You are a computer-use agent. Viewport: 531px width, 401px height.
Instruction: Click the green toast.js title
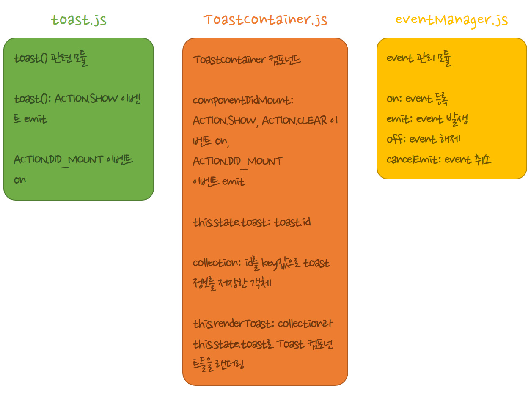(79, 20)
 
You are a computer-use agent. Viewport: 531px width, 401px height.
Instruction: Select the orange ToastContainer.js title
(265, 20)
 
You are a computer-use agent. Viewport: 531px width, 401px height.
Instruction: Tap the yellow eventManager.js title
(451, 20)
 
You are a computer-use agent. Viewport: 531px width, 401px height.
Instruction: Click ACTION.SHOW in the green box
(86, 99)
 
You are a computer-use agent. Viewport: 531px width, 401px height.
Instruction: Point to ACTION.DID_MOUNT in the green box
(58, 160)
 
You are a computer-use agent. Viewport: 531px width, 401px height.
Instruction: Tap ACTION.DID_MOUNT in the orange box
(237, 161)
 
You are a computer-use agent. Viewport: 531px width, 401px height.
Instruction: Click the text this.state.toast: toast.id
(252, 222)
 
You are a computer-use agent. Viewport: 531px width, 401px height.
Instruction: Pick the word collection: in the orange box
(216, 263)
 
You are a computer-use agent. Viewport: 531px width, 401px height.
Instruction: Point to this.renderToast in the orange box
(232, 324)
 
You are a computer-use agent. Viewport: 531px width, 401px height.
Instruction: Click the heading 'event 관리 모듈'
(419, 58)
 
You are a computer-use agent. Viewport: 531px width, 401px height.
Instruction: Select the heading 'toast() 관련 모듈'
(50, 58)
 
